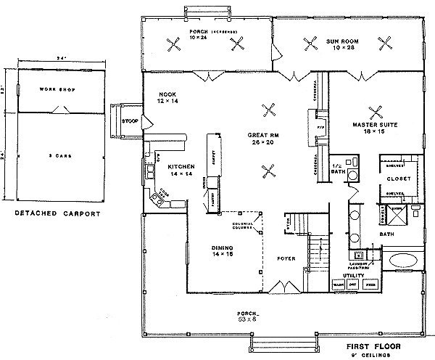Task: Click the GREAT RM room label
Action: click(260, 136)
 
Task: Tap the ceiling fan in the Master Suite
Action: click(376, 112)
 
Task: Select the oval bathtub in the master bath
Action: click(402, 260)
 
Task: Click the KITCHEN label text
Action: click(180, 166)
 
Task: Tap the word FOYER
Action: click(286, 257)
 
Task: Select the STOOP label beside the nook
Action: click(130, 121)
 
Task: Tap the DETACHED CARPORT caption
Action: click(58, 214)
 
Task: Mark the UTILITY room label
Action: click(353, 276)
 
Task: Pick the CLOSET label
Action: click(399, 178)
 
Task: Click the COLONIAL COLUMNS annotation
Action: click(242, 226)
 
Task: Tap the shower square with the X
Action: click(397, 209)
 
